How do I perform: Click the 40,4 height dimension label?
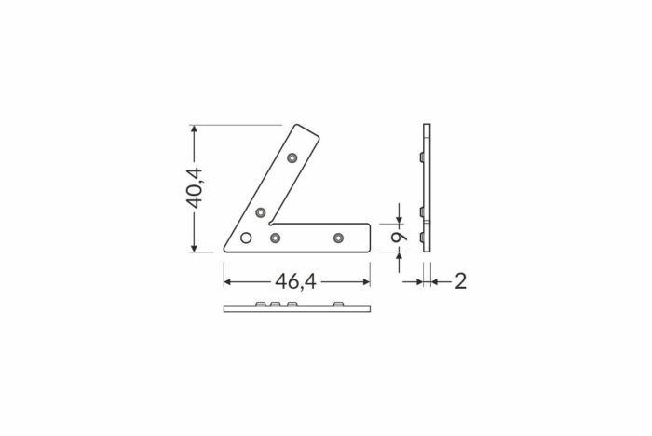click(194, 187)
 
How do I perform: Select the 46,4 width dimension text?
click(295, 282)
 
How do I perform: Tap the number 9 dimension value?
click(399, 238)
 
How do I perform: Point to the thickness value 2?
click(460, 281)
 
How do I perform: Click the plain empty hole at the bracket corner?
click(246, 238)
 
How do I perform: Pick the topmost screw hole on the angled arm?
click(292, 158)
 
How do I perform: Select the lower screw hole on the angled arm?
click(260, 212)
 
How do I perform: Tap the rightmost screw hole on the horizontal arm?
click(338, 238)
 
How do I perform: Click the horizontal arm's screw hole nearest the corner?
click(275, 238)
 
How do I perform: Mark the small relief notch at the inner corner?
click(271, 224)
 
